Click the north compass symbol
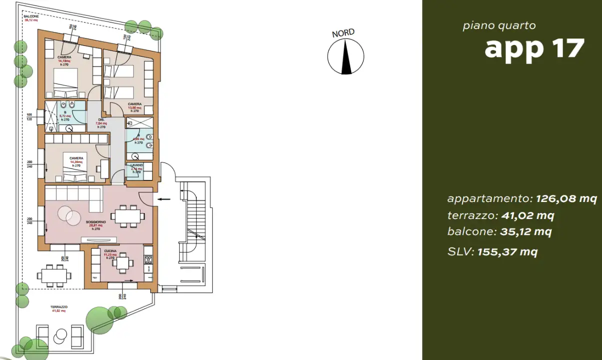click(345, 56)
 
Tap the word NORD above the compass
click(343, 33)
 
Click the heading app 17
click(534, 48)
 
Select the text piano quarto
click(499, 25)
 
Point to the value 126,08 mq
click(566, 198)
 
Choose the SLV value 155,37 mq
click(507, 251)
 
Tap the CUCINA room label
click(110, 250)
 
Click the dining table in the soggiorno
click(128, 216)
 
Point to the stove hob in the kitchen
click(148, 260)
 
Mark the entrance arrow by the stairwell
click(164, 199)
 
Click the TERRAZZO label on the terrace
click(58, 307)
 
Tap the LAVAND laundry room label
click(137, 165)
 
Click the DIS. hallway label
click(101, 120)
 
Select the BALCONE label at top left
click(30, 16)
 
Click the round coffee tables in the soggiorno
click(69, 215)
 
